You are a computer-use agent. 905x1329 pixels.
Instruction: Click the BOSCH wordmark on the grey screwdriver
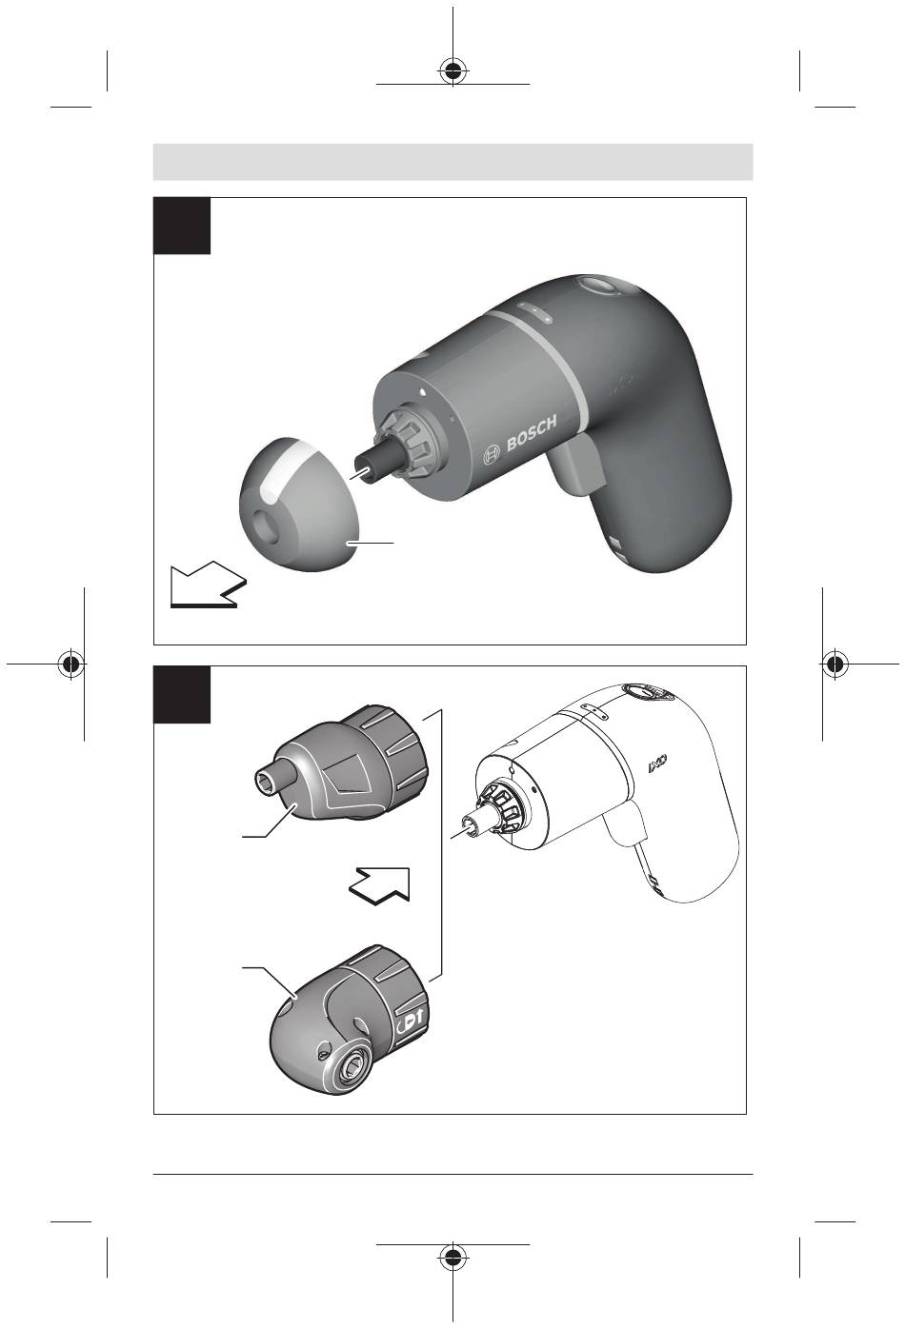[x=532, y=434]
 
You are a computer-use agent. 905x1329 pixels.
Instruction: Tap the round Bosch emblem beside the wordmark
[x=493, y=454]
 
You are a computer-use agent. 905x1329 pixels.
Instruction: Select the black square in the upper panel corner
[x=182, y=226]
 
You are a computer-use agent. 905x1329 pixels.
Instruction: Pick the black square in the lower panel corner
[x=182, y=695]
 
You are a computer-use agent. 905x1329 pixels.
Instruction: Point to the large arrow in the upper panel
[x=208, y=586]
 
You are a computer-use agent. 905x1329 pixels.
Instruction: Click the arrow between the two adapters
[x=380, y=885]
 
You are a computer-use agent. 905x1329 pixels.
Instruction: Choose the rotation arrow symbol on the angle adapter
[x=411, y=1022]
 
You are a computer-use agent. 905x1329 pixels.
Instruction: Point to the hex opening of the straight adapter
[x=263, y=779]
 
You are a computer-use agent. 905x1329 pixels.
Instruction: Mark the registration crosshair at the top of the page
[x=452, y=71]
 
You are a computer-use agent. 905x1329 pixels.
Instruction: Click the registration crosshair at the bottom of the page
[x=452, y=1257]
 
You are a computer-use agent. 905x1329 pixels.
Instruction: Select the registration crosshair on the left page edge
[x=70, y=664]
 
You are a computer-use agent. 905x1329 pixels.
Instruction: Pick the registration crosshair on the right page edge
[x=835, y=664]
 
